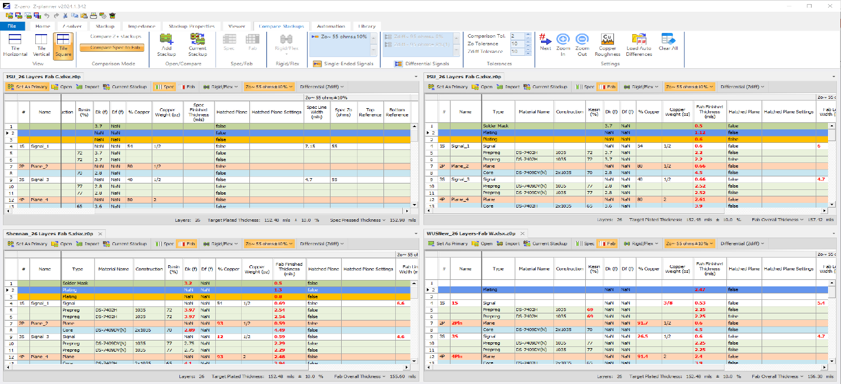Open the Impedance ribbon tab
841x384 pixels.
[141, 26]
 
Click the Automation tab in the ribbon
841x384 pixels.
[331, 26]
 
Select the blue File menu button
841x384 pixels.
[12, 26]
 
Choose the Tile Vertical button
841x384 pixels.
[41, 45]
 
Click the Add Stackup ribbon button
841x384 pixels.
[166, 45]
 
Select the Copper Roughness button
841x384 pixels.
[608, 45]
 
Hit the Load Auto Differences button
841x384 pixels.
[639, 45]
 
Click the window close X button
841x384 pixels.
[827, 6]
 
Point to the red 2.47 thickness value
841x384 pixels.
[700, 290]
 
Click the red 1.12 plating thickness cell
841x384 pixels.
[699, 133]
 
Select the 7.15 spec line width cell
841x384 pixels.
[312, 146]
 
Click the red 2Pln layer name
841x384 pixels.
[459, 323]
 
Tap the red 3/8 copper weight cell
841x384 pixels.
[668, 303]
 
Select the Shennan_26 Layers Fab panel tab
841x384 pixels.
[50, 233]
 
